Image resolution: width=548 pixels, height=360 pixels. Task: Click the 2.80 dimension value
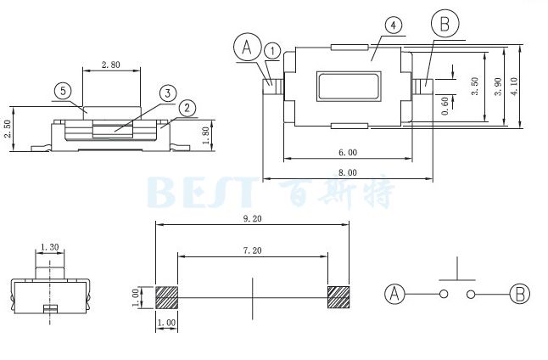click(x=110, y=65)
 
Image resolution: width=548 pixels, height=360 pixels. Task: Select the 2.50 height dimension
click(x=8, y=128)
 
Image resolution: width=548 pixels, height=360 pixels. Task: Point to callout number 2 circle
click(x=187, y=107)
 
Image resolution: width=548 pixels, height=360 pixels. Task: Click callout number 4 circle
click(x=393, y=25)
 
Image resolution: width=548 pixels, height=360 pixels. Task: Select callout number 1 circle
click(x=271, y=51)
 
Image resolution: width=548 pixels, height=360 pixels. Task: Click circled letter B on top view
click(x=445, y=23)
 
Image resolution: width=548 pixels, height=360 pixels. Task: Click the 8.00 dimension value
click(x=347, y=172)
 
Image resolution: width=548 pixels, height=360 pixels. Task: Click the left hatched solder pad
click(x=166, y=296)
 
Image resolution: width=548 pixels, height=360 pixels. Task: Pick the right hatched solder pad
click(x=338, y=296)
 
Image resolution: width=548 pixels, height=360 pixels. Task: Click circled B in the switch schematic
click(x=519, y=295)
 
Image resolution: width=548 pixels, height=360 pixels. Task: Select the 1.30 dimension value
click(x=49, y=248)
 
